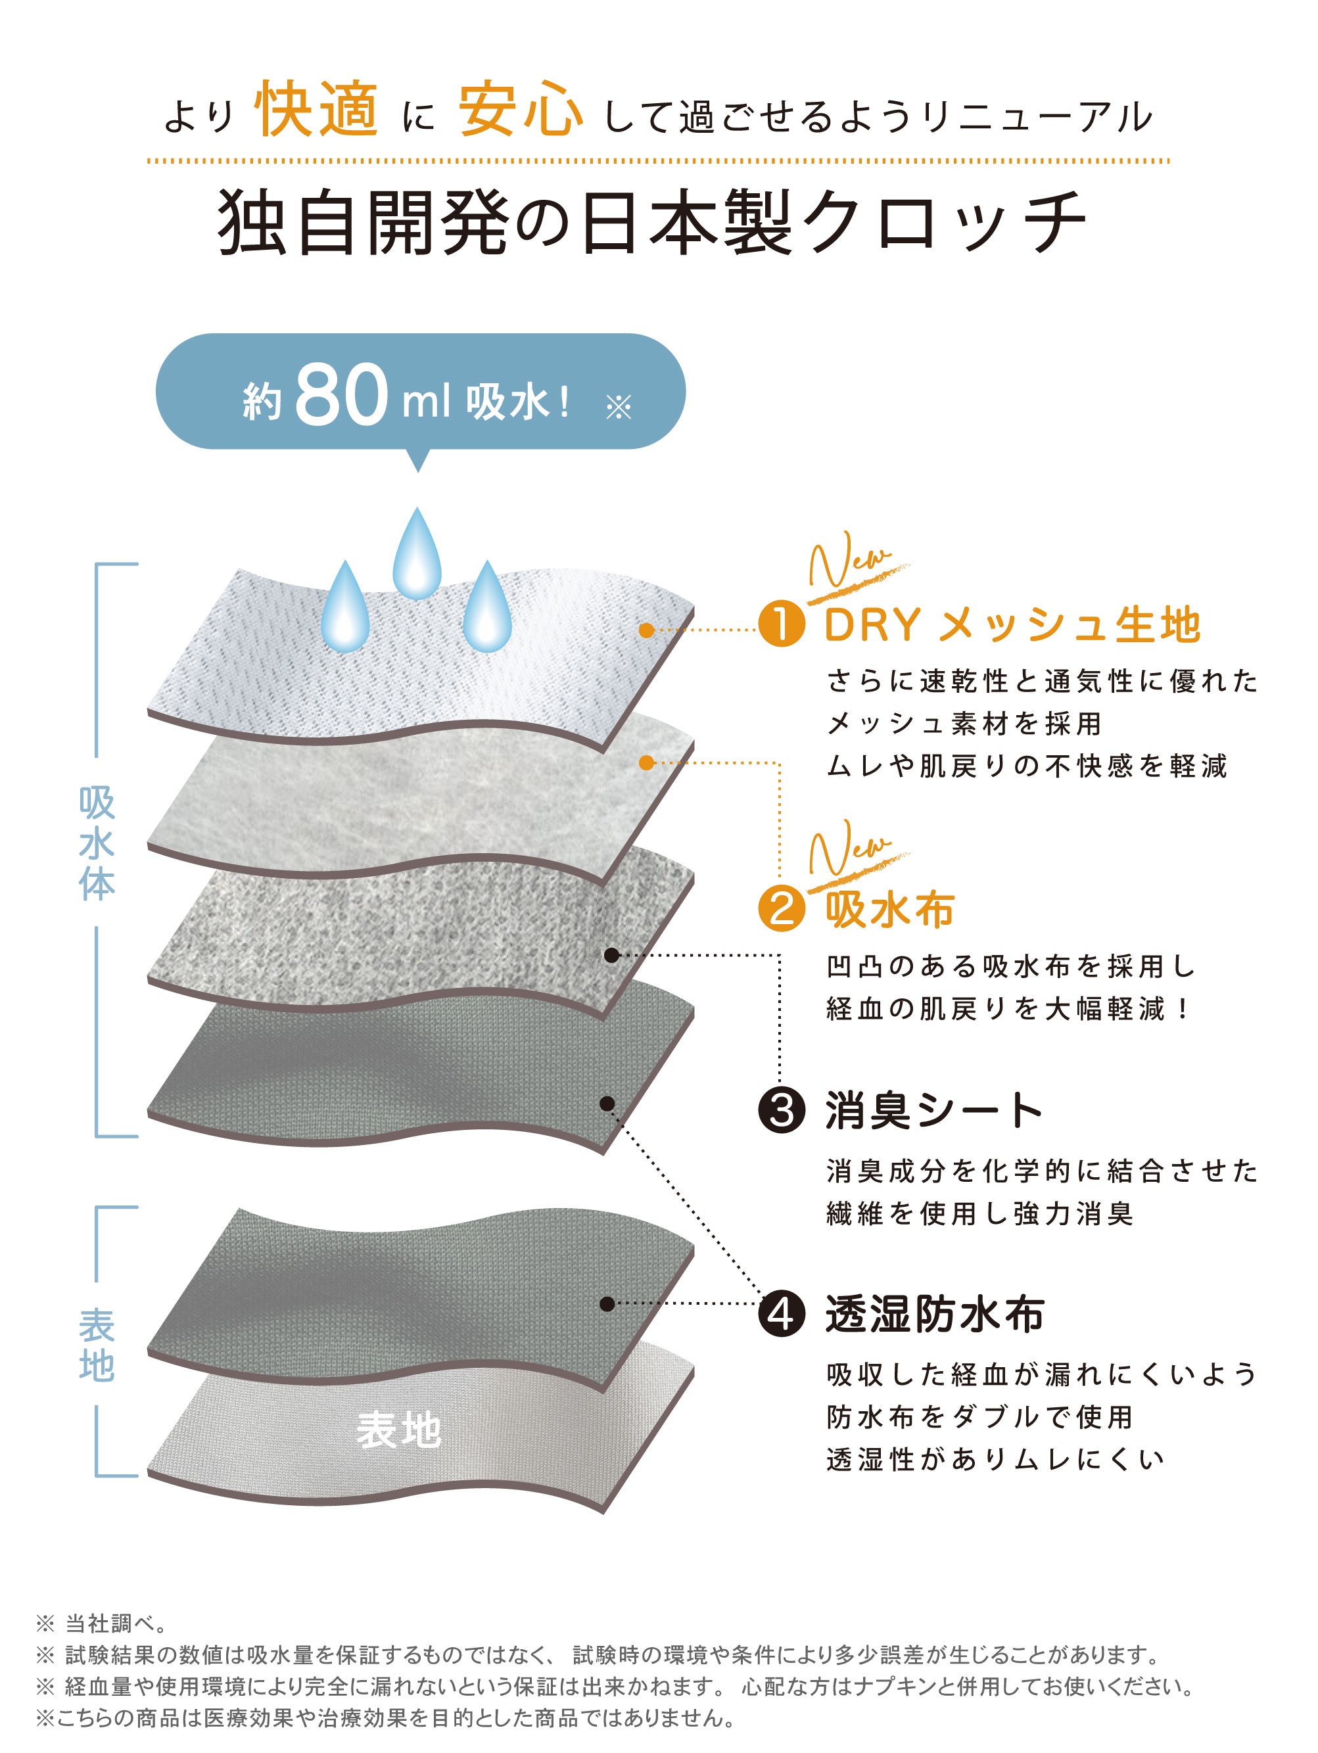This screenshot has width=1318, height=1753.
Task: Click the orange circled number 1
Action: (782, 624)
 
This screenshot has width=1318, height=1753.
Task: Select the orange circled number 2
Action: (782, 908)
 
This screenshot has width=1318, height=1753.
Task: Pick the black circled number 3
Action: (782, 1110)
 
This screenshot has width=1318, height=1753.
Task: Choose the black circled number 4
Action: (782, 1315)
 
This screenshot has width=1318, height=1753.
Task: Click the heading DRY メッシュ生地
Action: (1012, 624)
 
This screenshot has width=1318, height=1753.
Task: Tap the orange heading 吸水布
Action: (889, 908)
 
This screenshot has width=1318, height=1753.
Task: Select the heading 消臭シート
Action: (933, 1110)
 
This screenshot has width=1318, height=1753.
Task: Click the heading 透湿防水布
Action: (934, 1315)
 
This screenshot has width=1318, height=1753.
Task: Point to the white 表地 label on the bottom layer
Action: (398, 1430)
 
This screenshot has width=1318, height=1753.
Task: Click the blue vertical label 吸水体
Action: (97, 843)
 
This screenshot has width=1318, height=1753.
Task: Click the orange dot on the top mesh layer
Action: (647, 630)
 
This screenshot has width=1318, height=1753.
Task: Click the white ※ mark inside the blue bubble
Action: (618, 408)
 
